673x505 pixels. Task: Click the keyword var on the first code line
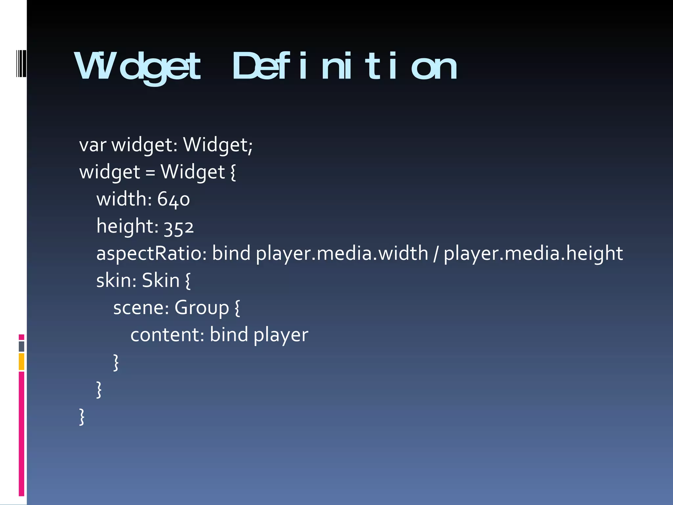(93, 145)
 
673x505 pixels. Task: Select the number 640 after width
(174, 200)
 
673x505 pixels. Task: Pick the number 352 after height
(179, 227)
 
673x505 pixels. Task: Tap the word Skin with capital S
(161, 281)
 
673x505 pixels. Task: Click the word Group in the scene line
(201, 308)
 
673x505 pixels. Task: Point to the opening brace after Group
(237, 308)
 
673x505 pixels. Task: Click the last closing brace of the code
(82, 417)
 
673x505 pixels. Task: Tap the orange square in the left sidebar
(21, 361)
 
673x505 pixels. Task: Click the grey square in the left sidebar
(21, 346)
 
